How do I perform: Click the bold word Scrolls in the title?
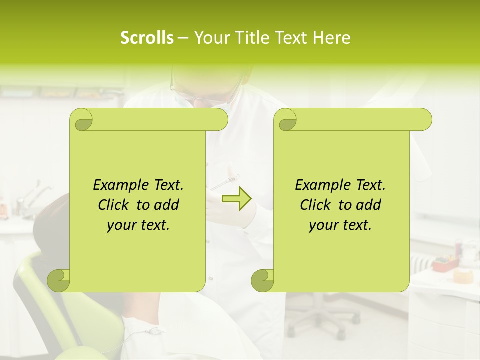coord(147,37)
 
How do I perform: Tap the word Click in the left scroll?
coord(114,205)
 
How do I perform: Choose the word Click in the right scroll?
coord(316,205)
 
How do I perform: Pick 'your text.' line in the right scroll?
coord(340,225)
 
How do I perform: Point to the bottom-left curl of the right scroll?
coord(262,280)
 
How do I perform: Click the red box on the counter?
coord(445,262)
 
